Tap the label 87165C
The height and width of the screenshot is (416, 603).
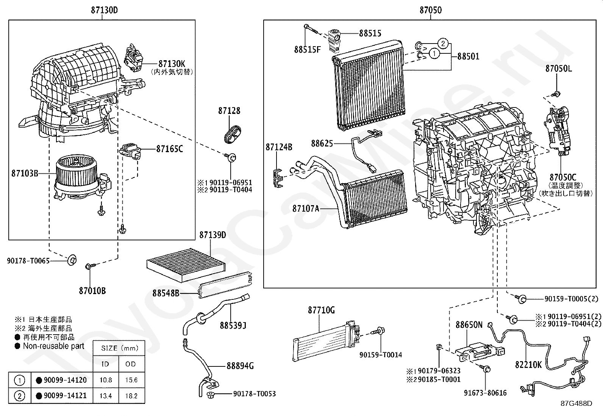tap(169, 149)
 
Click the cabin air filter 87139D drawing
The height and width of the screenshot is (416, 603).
tap(186, 264)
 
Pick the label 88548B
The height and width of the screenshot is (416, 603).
tap(166, 293)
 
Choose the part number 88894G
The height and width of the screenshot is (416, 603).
tap(240, 366)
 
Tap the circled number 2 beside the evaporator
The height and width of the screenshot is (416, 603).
tap(444, 43)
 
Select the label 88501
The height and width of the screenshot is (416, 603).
tap(468, 56)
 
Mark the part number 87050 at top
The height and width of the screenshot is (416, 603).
tap(430, 10)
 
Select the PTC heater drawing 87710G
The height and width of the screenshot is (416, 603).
tap(326, 340)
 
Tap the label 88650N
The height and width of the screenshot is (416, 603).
tap(469, 325)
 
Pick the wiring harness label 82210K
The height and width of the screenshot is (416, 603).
tap(528, 365)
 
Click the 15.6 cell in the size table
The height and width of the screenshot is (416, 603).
tap(131, 380)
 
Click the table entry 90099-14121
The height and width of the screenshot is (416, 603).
tap(65, 396)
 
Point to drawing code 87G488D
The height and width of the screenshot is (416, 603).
tap(576, 403)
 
